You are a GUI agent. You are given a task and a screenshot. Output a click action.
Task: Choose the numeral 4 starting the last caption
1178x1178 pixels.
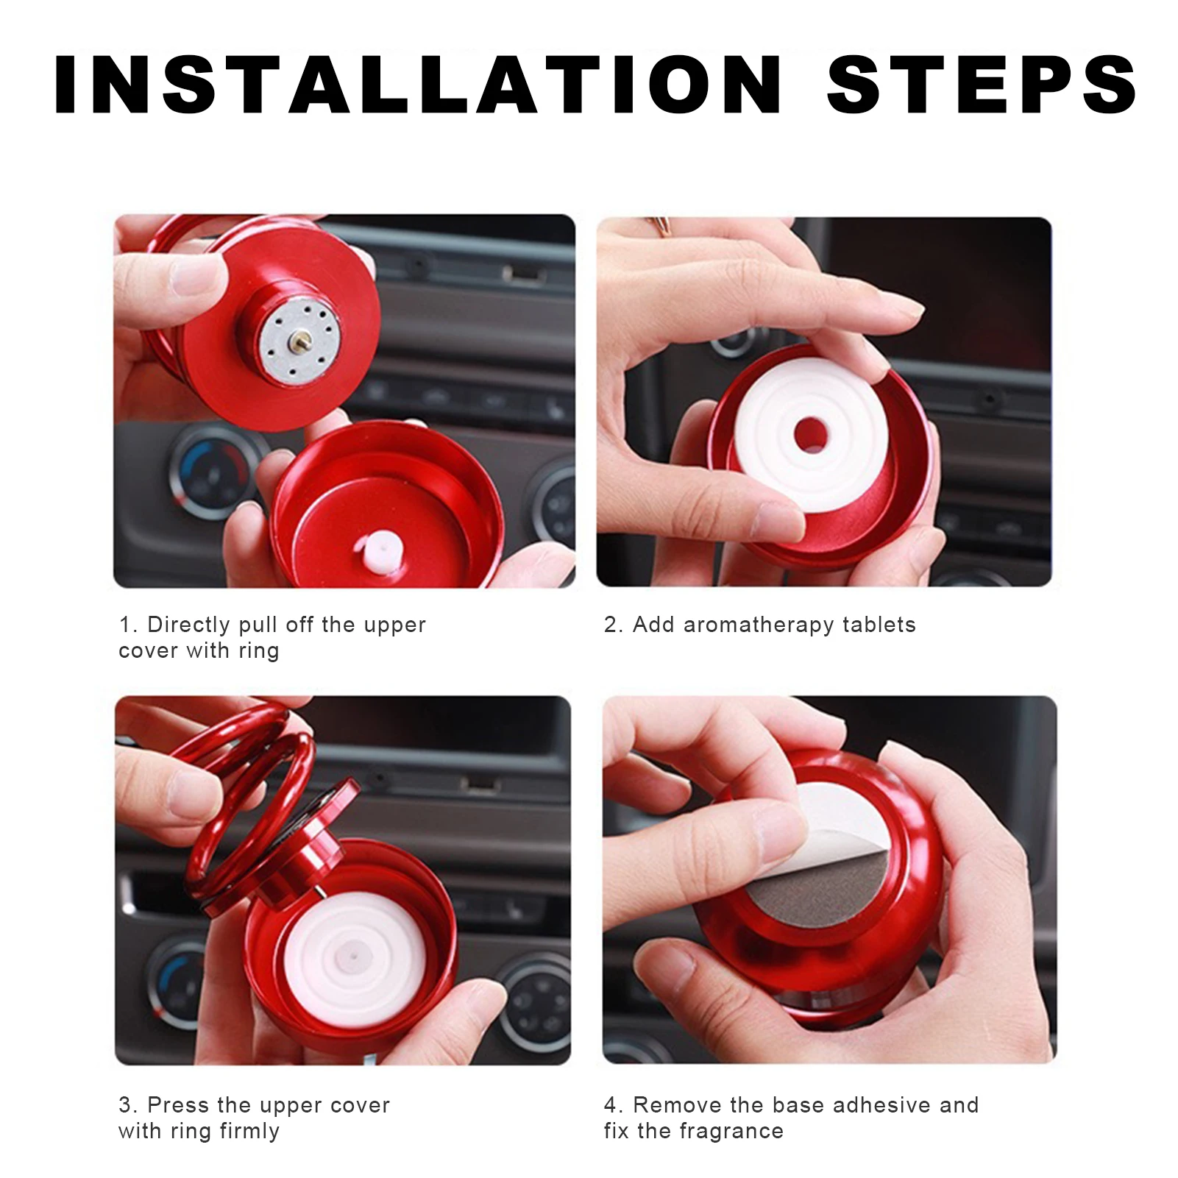coord(611,1105)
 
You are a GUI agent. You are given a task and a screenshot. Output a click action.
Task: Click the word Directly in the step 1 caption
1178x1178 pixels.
coord(188,625)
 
